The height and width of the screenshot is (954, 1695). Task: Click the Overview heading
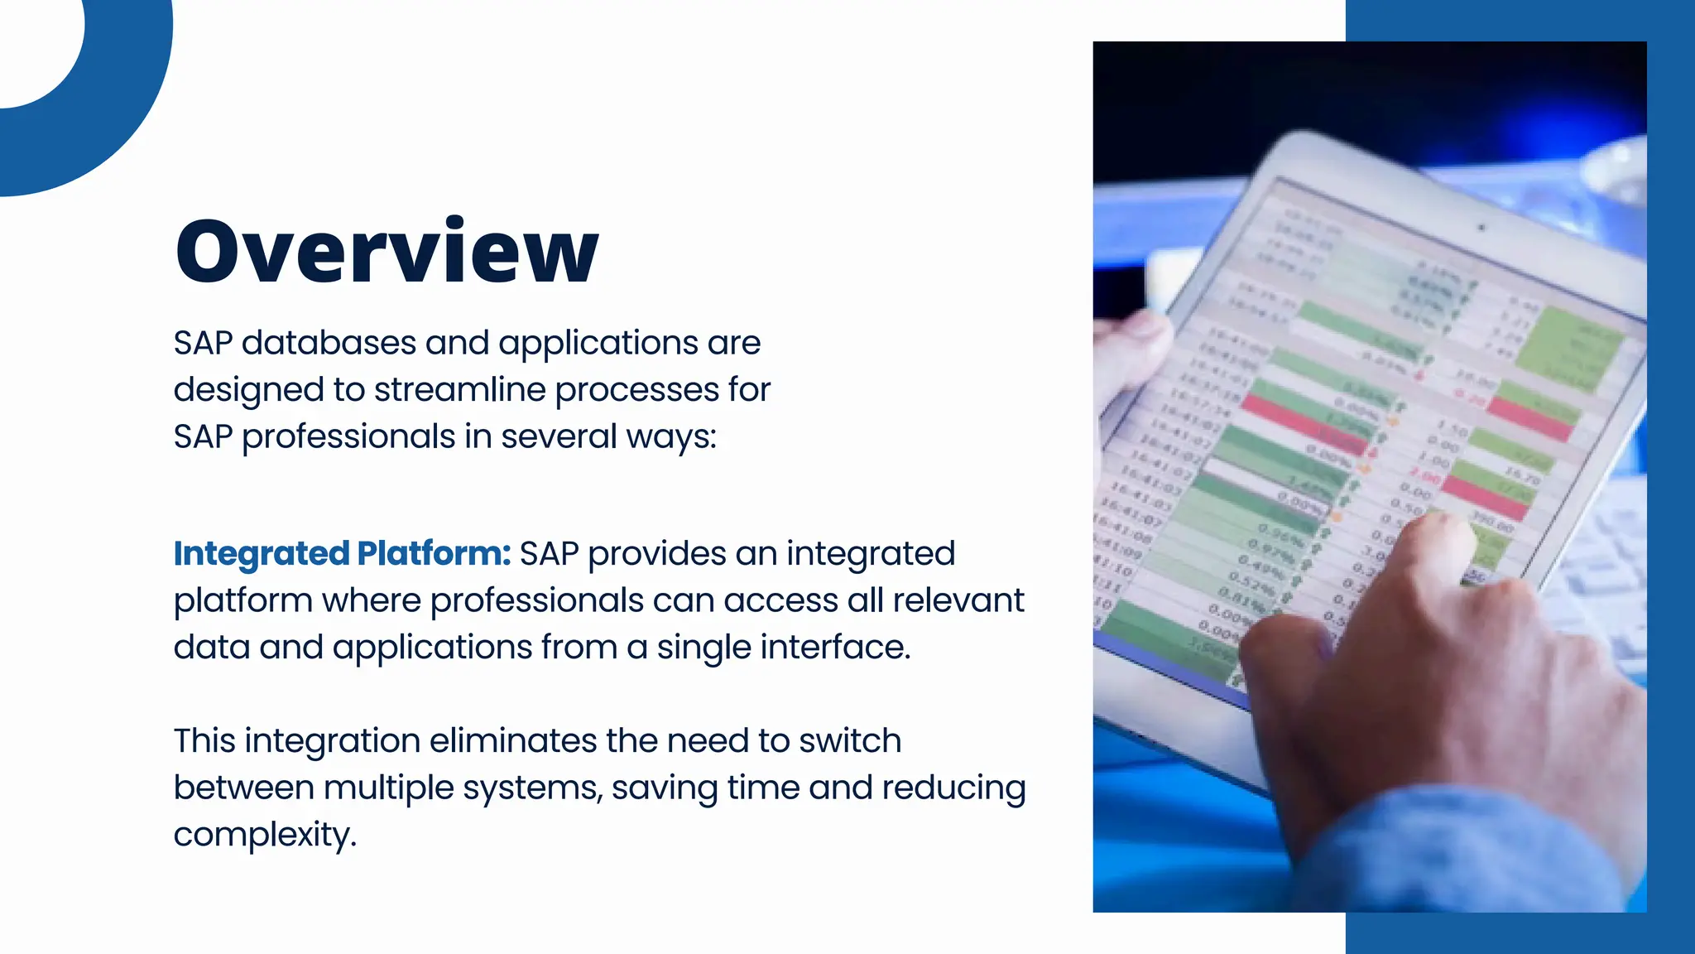click(387, 251)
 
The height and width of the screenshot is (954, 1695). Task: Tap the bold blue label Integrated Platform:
click(342, 553)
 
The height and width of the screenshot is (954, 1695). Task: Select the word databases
click(329, 343)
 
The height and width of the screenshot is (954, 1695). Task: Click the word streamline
click(459, 390)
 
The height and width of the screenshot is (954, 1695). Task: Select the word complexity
click(264, 835)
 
